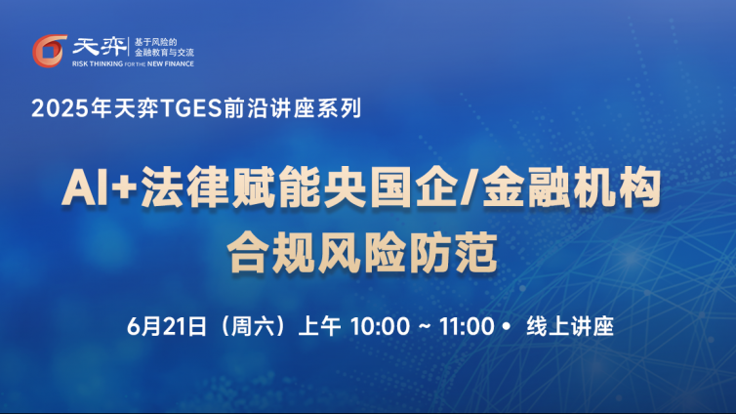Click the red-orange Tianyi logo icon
(49, 51)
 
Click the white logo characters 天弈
(100, 47)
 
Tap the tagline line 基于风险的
(155, 42)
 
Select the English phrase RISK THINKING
(98, 63)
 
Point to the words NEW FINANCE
(171, 63)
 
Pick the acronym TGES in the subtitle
(190, 108)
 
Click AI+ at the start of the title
(99, 188)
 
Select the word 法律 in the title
(184, 188)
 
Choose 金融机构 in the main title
(571, 188)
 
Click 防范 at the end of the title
(454, 253)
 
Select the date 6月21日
(167, 326)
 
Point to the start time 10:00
(380, 326)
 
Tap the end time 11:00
(467, 326)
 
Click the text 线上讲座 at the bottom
(570, 326)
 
